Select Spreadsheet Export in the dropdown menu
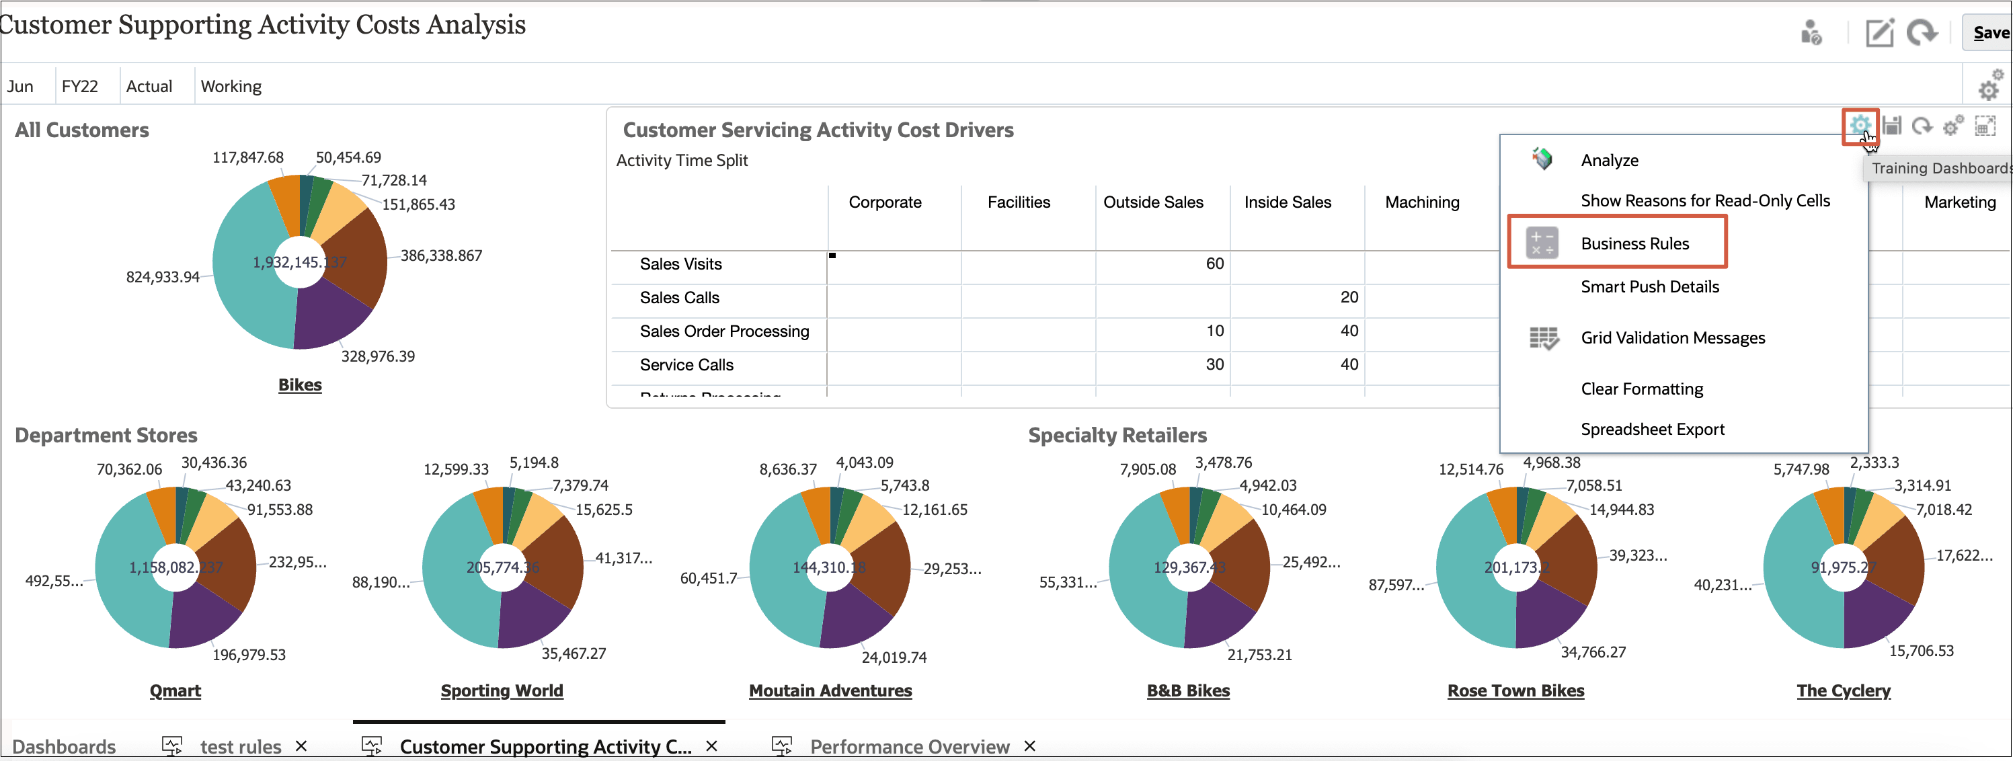point(1651,429)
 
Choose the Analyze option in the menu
point(1609,160)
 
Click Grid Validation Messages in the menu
point(1671,337)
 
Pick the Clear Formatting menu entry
point(1641,389)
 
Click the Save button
point(1989,33)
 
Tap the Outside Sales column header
point(1152,202)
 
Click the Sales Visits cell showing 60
point(1214,264)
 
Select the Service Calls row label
point(686,365)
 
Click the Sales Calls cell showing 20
point(1348,298)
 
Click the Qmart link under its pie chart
point(175,690)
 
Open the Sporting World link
point(502,690)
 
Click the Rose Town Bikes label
point(1515,690)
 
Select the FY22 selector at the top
point(80,86)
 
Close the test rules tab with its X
point(301,746)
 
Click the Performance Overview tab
point(909,746)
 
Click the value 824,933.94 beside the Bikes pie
point(163,278)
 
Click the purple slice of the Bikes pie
point(328,317)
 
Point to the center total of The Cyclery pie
point(1843,567)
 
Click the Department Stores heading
point(106,435)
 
